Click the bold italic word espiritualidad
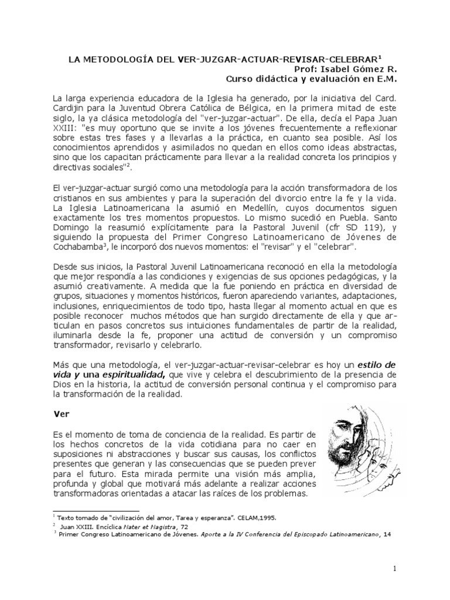[130, 373]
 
